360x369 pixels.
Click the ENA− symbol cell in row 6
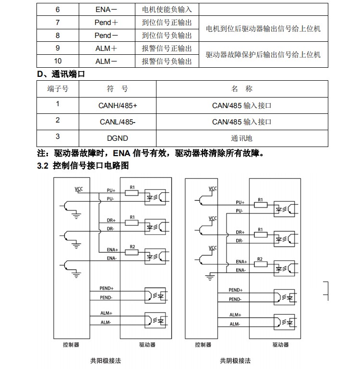click(106, 9)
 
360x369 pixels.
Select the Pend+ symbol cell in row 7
click(106, 23)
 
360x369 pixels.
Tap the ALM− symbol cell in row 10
click(106, 61)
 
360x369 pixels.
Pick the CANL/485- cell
click(118, 122)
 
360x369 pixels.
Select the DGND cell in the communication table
click(118, 138)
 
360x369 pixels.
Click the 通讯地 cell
click(241, 138)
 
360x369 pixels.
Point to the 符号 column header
click(118, 89)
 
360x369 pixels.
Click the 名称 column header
click(241, 89)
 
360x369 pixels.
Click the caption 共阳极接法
click(103, 360)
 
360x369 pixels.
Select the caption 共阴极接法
click(235, 360)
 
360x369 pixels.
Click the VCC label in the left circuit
click(79, 188)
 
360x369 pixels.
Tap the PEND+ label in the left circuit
click(107, 288)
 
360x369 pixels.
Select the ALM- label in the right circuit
click(235, 324)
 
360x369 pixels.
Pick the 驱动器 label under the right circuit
click(280, 344)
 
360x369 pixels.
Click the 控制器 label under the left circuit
click(71, 344)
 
